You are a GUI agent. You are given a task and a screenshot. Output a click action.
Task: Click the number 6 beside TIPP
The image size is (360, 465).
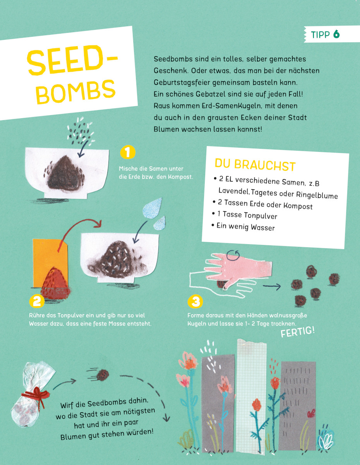pyautogui.click(x=336, y=34)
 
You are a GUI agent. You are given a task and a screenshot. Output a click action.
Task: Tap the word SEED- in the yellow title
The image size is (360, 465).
pyautogui.click(x=72, y=60)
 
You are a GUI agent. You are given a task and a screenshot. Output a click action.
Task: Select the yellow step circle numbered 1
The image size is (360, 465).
pyautogui.click(x=128, y=152)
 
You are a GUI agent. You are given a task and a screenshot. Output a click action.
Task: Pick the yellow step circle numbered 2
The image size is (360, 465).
pyautogui.click(x=37, y=301)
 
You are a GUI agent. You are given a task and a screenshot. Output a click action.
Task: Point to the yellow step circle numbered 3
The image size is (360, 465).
pyautogui.click(x=195, y=301)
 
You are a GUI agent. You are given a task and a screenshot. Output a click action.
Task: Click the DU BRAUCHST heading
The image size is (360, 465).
pyautogui.click(x=255, y=165)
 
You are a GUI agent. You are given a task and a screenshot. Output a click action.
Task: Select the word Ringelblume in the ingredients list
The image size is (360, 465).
pyautogui.click(x=317, y=195)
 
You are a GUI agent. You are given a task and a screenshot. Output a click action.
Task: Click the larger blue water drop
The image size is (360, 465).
pyautogui.click(x=152, y=208)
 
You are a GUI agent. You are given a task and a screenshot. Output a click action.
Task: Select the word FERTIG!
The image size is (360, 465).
pyautogui.click(x=298, y=332)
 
